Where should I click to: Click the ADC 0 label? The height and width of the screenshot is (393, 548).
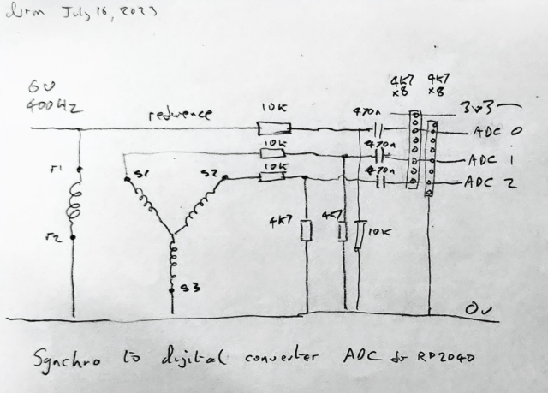point(496,134)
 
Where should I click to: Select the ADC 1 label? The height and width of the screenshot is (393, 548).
point(491,158)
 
